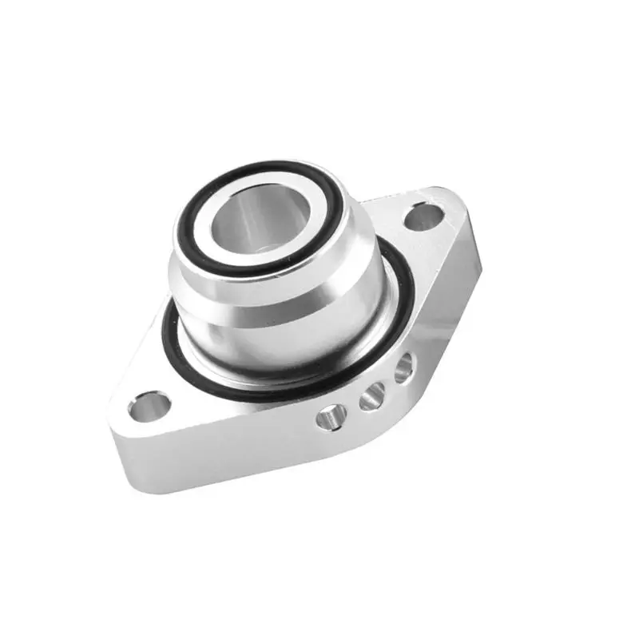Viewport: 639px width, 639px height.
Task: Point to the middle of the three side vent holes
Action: [370, 397]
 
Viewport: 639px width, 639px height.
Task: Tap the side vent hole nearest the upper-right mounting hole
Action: [404, 366]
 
